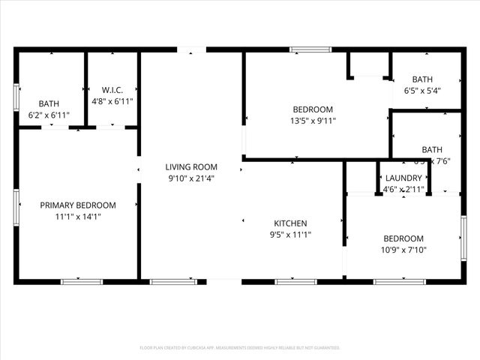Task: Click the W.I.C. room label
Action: [112, 90]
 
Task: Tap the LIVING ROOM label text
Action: [191, 166]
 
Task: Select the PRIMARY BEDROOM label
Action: [78, 205]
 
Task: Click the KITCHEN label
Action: [290, 223]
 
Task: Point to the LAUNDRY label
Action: [403, 178]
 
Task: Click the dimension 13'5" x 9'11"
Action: [313, 120]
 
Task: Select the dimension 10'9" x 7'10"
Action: [403, 250]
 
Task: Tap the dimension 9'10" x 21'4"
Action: [191, 178]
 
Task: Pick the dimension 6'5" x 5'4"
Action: [422, 91]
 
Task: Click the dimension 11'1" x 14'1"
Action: [78, 216]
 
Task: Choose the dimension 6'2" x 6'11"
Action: [49, 115]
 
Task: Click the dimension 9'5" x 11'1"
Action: [290, 235]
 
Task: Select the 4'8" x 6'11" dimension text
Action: [112, 101]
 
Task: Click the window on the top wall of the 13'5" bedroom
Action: [310, 50]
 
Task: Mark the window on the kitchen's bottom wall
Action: [295, 281]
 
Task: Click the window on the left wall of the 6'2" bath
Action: [16, 97]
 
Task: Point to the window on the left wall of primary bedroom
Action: [16, 207]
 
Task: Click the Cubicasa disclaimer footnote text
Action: [240, 348]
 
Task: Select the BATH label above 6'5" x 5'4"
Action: [422, 79]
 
